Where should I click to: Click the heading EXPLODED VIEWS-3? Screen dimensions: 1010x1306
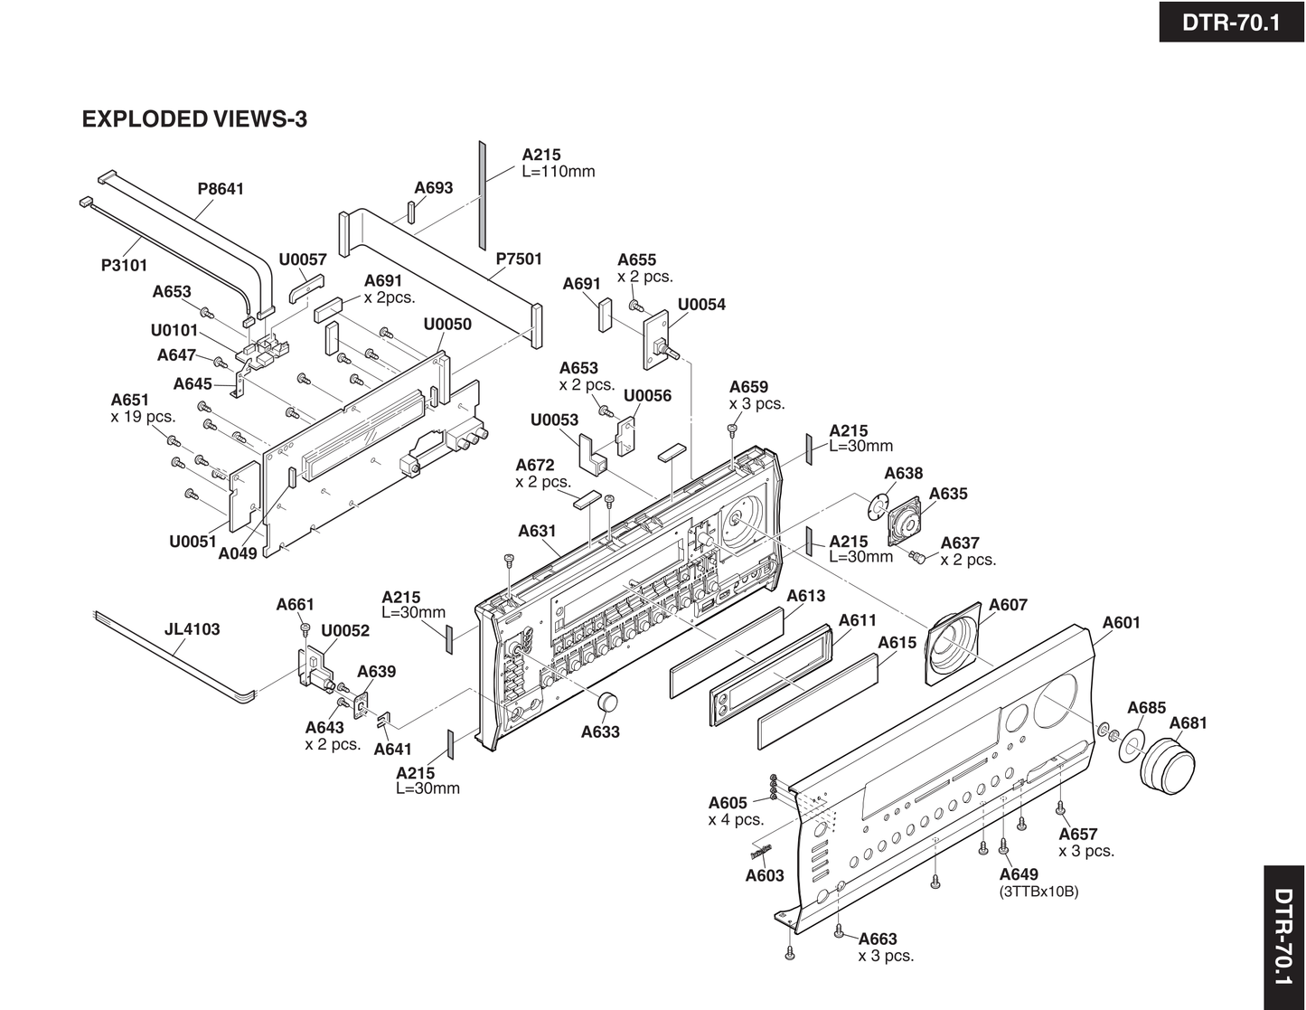194,118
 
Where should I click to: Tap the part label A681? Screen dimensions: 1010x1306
1188,722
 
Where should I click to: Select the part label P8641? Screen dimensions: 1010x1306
221,189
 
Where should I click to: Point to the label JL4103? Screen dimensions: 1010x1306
192,629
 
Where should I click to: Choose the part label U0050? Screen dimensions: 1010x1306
447,324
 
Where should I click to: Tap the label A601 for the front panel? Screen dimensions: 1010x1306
1121,622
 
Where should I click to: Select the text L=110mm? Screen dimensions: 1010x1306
559,172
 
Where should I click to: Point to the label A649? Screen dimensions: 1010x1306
1019,874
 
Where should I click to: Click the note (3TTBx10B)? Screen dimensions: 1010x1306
1038,892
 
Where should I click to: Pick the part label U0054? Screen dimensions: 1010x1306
701,304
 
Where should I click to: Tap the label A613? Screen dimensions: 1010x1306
805,596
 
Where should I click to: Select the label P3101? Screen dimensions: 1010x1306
124,265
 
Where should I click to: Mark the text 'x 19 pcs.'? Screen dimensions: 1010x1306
143,417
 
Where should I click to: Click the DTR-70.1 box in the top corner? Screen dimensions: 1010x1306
1231,22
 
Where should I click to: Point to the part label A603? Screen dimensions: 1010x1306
764,875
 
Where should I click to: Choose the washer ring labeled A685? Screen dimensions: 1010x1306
1131,743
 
